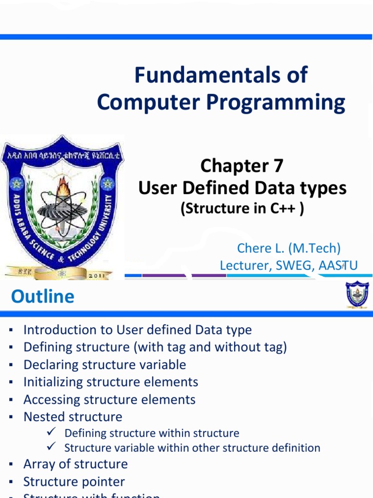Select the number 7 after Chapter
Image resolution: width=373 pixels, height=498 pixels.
[278, 166]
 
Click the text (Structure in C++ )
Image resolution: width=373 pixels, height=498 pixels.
[242, 209]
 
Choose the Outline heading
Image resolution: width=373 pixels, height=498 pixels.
[43, 297]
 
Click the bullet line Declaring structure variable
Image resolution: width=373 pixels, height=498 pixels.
[104, 365]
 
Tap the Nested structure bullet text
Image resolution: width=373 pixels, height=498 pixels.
[73, 417]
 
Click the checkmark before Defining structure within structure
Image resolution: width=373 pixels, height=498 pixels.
[53, 432]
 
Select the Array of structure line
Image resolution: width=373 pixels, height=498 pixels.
[75, 464]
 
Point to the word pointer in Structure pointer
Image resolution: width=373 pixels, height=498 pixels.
[103, 482]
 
